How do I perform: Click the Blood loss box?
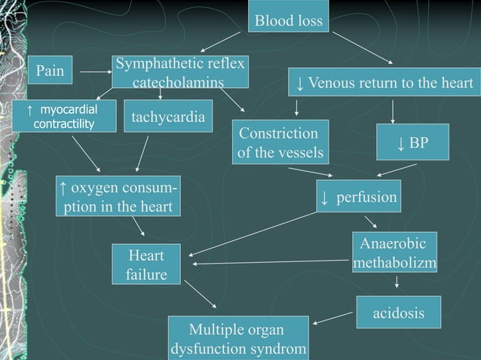[x=289, y=20]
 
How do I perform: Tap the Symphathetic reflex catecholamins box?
[x=179, y=72]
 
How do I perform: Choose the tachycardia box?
[x=166, y=117]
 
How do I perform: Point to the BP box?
[x=412, y=142]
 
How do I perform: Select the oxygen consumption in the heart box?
[x=118, y=195]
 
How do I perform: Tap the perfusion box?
[x=358, y=197]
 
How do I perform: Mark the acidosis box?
[x=398, y=313]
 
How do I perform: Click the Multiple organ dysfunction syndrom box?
[x=237, y=340]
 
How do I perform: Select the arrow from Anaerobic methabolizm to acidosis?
[x=397, y=283]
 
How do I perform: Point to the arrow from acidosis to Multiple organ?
[x=333, y=319]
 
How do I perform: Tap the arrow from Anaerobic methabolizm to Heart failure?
[x=271, y=262]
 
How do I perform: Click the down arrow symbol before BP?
[x=402, y=142]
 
